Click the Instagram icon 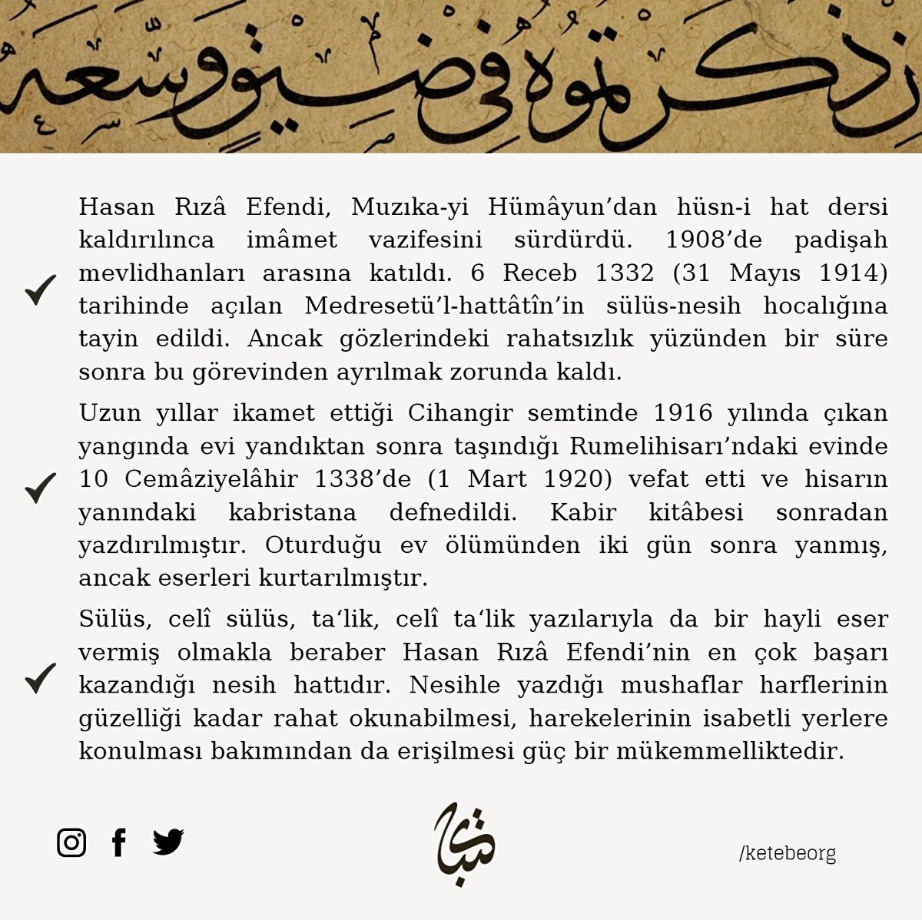point(71,842)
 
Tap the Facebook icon point(118,842)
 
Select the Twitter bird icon point(168,842)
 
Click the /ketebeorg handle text point(787,853)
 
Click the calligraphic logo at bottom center point(464,843)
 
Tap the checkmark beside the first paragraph point(40,290)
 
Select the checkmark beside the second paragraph point(40,488)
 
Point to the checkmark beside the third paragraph point(40,677)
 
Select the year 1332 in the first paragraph point(623,273)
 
